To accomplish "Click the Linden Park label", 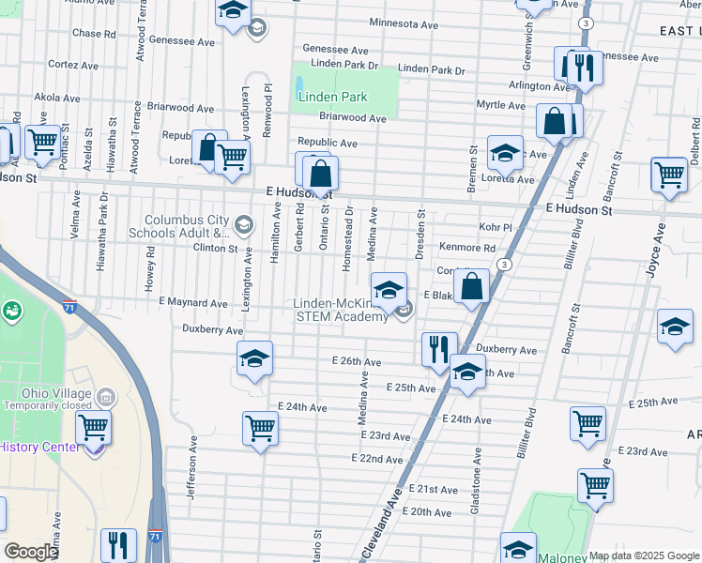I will (x=332, y=97).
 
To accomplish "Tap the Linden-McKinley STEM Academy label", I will (x=341, y=310).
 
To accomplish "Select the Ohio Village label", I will (x=59, y=392).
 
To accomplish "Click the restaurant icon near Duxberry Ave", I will (x=438, y=350).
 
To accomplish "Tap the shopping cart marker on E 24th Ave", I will (x=260, y=428).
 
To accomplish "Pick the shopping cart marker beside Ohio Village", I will (x=93, y=427).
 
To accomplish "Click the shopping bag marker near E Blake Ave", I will (x=474, y=286).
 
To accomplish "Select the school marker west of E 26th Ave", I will (x=253, y=359).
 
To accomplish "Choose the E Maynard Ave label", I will (x=193, y=303).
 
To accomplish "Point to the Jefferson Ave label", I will (x=191, y=467).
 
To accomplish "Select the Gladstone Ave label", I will (x=477, y=479).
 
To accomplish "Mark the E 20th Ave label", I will (x=431, y=512).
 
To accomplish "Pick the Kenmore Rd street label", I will (x=472, y=248).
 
